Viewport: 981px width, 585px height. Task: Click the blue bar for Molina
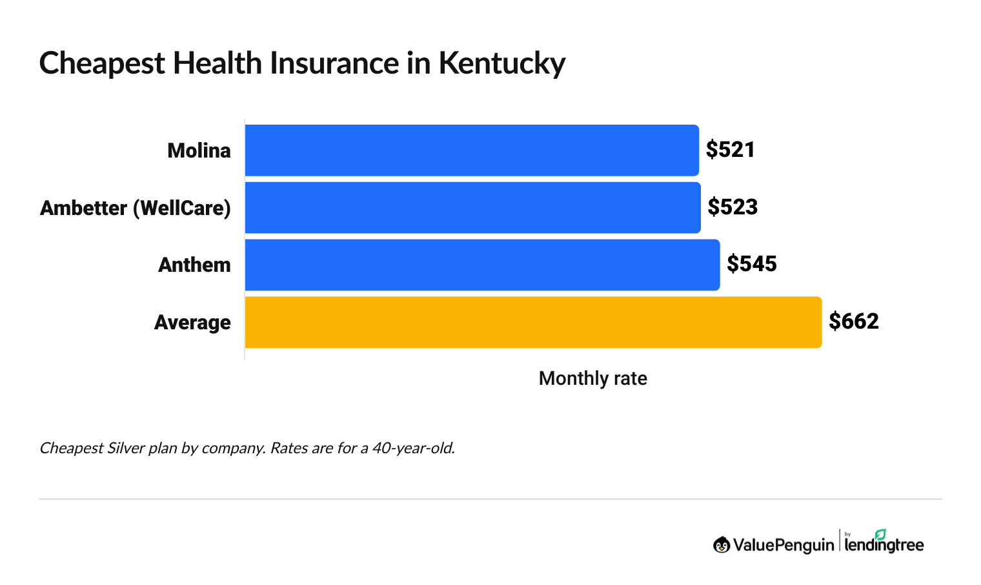point(472,150)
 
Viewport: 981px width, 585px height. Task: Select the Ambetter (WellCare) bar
point(472,208)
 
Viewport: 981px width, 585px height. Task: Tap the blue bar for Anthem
point(482,265)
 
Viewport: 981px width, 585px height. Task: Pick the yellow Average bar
point(533,322)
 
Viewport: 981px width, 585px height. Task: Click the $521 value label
point(730,150)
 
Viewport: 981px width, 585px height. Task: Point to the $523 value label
point(732,207)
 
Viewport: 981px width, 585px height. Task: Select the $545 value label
point(751,264)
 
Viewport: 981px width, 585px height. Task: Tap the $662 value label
point(853,322)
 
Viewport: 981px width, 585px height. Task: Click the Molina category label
point(199,150)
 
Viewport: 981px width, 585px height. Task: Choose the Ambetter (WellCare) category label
point(136,208)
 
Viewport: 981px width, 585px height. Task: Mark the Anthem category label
point(194,265)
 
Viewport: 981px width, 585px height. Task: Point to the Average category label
point(192,322)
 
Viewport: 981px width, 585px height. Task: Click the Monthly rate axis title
point(592,378)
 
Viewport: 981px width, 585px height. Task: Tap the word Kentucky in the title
point(501,64)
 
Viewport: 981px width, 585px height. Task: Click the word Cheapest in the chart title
point(102,64)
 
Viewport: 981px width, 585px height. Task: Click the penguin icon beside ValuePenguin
point(721,545)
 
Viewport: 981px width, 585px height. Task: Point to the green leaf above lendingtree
point(880,534)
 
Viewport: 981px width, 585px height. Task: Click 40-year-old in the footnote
point(413,448)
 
